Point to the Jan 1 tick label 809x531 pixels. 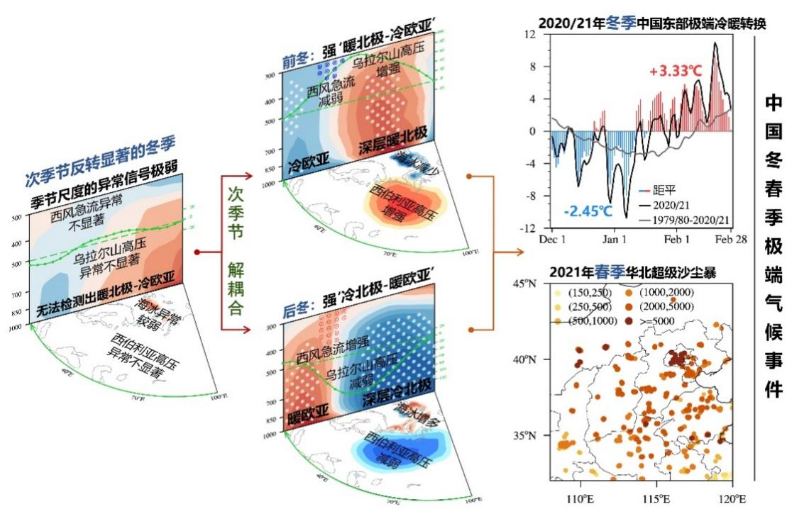pos(615,240)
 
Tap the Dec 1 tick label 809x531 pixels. pos(554,240)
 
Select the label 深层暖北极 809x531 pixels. pos(392,133)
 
